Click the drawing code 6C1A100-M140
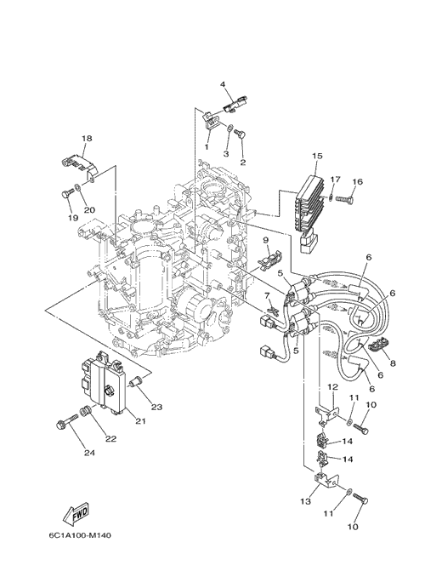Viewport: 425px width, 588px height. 80,535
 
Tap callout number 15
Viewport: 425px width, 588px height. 317,156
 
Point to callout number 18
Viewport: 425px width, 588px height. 87,139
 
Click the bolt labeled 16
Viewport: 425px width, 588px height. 345,198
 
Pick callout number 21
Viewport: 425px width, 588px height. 140,421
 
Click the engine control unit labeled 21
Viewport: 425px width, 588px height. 105,382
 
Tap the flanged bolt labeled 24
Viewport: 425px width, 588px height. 66,421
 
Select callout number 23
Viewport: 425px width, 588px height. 156,407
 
